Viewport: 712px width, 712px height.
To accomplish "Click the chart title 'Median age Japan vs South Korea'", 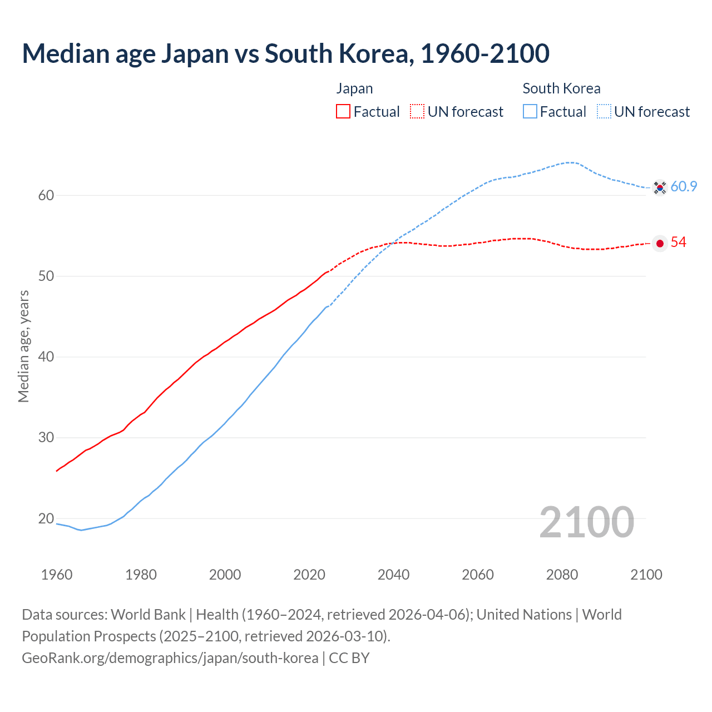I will tap(285, 53).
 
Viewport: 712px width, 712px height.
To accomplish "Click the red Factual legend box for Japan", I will tap(343, 111).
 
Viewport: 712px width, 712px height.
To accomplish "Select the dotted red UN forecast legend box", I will tap(417, 111).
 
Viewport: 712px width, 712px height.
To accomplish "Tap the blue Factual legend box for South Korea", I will tap(530, 111).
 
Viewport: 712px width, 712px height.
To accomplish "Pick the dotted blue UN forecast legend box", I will tap(604, 111).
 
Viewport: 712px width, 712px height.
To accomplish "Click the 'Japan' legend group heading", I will tap(354, 88).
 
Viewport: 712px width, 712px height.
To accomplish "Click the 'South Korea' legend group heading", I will tap(561, 88).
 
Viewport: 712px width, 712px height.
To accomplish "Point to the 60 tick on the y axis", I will tap(46, 195).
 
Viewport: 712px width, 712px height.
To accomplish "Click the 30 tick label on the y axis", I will tap(46, 438).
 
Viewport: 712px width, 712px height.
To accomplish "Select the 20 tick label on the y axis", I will tap(46, 518).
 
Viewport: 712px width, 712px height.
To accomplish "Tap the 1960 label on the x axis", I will tap(57, 575).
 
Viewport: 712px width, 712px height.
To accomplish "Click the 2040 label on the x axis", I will tap(393, 575).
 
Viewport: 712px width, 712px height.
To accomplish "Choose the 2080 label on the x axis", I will tap(562, 575).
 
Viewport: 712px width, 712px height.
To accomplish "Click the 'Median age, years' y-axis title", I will tap(23, 346).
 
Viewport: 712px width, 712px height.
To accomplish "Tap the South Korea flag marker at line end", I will tap(660, 187).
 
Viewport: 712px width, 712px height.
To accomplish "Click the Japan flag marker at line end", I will tap(660, 243).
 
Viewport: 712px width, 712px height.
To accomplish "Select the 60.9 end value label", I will tap(684, 187).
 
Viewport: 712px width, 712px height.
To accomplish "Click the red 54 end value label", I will tap(678, 243).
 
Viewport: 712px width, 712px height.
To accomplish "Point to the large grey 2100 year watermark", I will tap(586, 522).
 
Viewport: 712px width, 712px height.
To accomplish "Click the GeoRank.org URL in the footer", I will tap(170, 658).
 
